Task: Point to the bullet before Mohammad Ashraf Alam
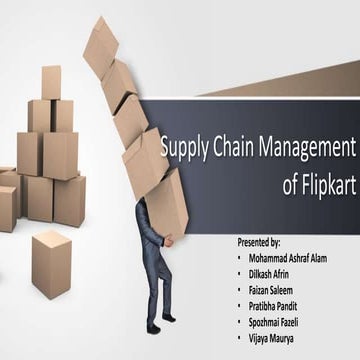(238, 258)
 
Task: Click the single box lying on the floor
(52, 262)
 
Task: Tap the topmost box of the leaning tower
(101, 46)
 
